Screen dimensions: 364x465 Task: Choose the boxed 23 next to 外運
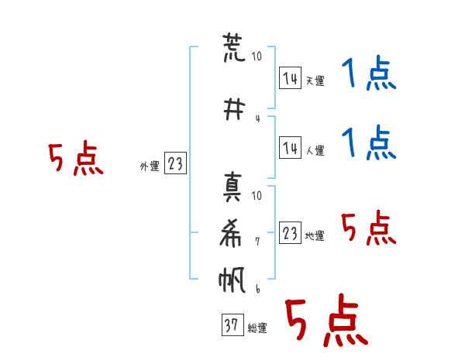pos(175,163)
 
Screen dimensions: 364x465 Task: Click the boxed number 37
pos(231,326)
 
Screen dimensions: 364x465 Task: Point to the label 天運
pos(315,81)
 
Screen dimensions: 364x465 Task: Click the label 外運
pos(150,166)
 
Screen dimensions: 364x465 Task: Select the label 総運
pos(257,328)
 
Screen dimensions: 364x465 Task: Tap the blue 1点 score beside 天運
pos(368,76)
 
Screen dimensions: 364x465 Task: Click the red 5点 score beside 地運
pos(368,228)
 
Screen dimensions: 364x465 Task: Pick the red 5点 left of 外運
pos(75,160)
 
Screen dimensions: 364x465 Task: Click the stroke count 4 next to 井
pos(257,118)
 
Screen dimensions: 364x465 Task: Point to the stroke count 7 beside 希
pos(257,241)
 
